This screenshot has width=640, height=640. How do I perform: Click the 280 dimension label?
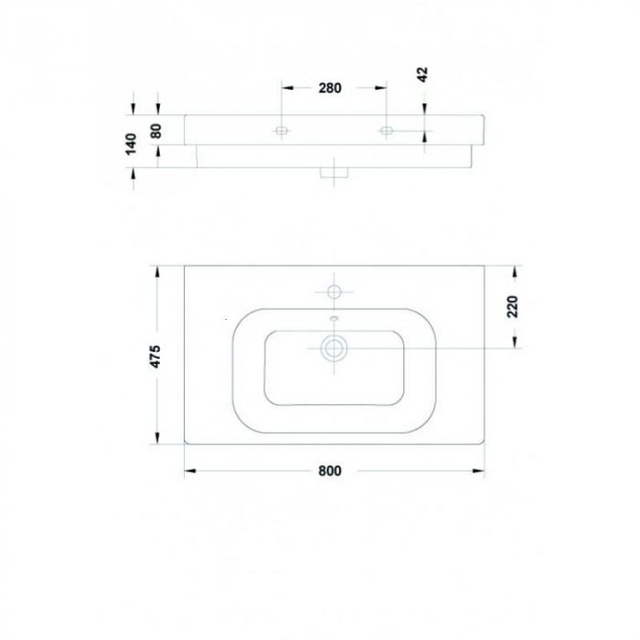330,89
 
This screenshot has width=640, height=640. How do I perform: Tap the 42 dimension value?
422,75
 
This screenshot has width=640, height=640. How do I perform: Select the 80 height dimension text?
156,130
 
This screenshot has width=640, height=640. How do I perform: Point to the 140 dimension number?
132,143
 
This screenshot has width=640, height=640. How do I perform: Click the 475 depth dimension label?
156,356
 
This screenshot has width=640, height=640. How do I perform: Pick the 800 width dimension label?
330,472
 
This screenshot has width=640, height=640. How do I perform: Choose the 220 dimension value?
513,304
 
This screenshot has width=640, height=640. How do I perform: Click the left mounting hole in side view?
282,132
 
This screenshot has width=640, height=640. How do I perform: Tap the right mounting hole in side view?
386,132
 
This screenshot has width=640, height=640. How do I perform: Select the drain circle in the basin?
334,347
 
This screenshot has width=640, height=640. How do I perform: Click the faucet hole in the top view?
334,292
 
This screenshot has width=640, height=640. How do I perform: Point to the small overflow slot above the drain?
334,319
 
